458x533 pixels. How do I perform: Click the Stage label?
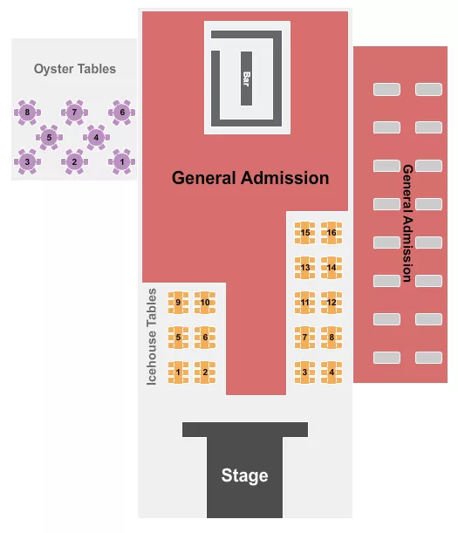[x=244, y=475]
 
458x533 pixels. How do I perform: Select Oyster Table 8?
[x=28, y=112]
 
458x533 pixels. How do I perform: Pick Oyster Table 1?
[x=122, y=161]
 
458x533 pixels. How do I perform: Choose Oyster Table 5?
[x=50, y=137]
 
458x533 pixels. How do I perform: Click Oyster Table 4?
[x=96, y=137]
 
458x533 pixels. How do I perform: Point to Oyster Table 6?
[x=122, y=112]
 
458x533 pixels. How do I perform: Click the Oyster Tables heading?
[x=74, y=69]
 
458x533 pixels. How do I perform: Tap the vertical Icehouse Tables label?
[x=152, y=337]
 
